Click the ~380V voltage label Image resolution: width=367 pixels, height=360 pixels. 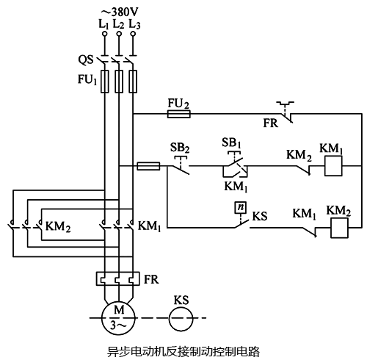pos(119,11)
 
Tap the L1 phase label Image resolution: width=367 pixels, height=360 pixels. pos(103,24)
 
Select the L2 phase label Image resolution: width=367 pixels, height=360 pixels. pos(118,24)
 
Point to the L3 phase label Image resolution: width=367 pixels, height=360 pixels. pos(134,24)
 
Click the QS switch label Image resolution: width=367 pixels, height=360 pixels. pos(86,57)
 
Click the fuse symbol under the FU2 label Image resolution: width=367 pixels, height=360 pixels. pos(179,114)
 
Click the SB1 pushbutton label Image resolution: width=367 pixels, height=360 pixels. pos(232,141)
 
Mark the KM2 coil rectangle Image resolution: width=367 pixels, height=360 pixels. pos(338,228)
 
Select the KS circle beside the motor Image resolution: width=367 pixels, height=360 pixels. pos(183,318)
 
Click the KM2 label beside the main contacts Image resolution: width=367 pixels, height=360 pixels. pos(58,226)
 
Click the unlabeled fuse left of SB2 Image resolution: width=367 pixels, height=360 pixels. pos(149,167)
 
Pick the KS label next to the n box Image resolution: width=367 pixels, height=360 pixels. pos(260,217)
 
